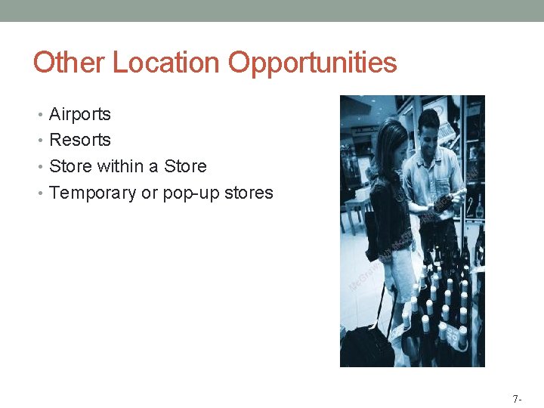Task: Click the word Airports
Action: pyautogui.click(x=79, y=114)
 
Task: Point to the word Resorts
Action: pyautogui.click(x=79, y=140)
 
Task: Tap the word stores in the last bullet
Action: pyautogui.click(x=249, y=193)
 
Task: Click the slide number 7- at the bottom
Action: pyautogui.click(x=517, y=398)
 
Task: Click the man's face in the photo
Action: pyautogui.click(x=431, y=129)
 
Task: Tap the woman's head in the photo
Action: pyautogui.click(x=391, y=144)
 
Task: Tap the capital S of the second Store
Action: pyautogui.click(x=169, y=166)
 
